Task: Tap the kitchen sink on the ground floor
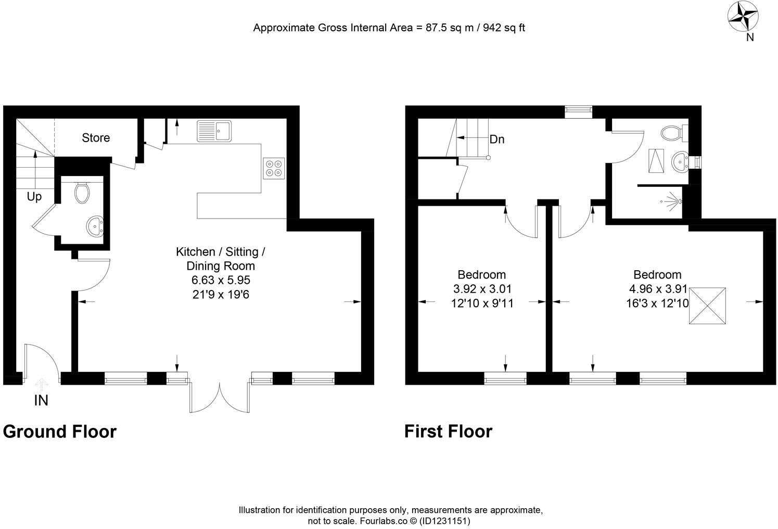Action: pyautogui.click(x=214, y=131)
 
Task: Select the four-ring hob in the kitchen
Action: pyautogui.click(x=274, y=168)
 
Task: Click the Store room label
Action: pyautogui.click(x=96, y=137)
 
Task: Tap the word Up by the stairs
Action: pyautogui.click(x=34, y=197)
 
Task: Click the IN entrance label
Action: pyautogui.click(x=41, y=400)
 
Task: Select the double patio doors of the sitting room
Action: pyautogui.click(x=220, y=398)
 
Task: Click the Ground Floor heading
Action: pyautogui.click(x=60, y=432)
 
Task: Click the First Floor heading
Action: pyautogui.click(x=448, y=432)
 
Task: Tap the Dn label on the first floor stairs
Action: pyautogui.click(x=496, y=140)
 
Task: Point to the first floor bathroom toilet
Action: pyautogui.click(x=673, y=132)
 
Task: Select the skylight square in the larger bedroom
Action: pyautogui.click(x=707, y=306)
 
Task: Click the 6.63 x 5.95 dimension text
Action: pyautogui.click(x=221, y=280)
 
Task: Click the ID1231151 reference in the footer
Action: pyautogui.click(x=445, y=521)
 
